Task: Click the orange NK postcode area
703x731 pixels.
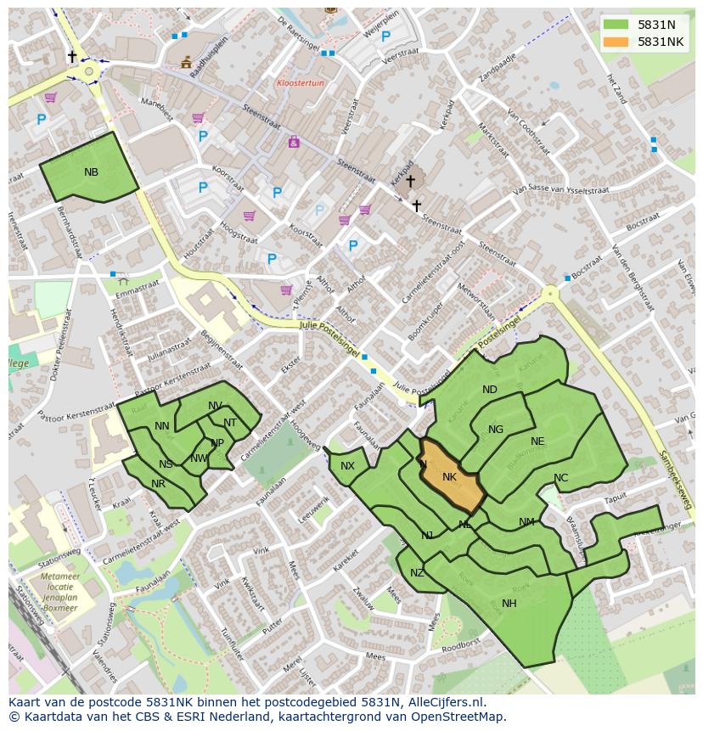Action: point(452,477)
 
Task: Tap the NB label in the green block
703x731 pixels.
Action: point(91,172)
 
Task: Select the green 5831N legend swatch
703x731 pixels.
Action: point(616,25)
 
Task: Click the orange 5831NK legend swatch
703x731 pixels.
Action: point(616,42)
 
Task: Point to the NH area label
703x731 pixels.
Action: point(509,604)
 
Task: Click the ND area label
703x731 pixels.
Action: point(490,390)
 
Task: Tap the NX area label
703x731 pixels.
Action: point(347,466)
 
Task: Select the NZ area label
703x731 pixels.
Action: point(417,573)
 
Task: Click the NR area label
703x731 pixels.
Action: point(158,484)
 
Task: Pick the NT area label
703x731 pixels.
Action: point(230,423)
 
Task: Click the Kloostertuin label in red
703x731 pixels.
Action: point(301,83)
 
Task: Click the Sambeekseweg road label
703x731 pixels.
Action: point(675,480)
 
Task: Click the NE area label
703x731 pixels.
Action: point(537,441)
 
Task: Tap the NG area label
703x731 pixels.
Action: point(496,430)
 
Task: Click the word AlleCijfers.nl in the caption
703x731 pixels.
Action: point(447,702)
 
